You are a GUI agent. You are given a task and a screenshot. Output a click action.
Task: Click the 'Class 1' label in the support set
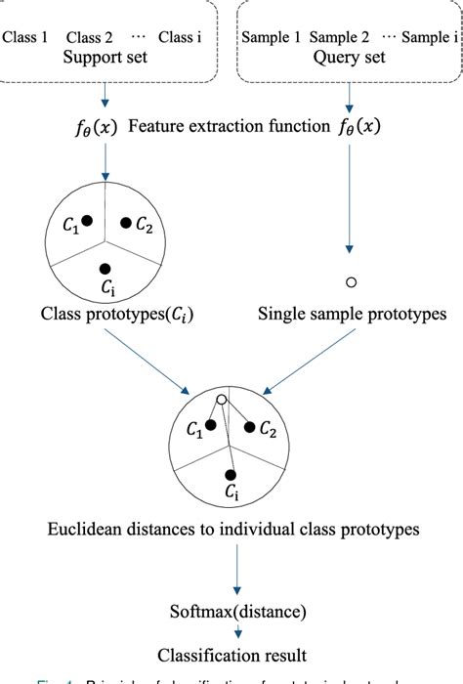click(x=25, y=39)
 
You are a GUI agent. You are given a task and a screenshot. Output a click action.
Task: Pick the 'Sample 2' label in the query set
click(x=340, y=39)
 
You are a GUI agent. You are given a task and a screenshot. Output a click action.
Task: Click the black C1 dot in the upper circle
click(x=87, y=222)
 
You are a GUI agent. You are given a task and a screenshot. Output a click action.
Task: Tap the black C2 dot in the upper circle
click(x=126, y=223)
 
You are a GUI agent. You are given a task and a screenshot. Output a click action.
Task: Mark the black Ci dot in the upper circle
click(x=105, y=268)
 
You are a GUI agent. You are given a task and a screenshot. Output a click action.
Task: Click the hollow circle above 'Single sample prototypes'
click(x=352, y=282)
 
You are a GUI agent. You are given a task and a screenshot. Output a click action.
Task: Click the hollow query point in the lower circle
click(x=223, y=401)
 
